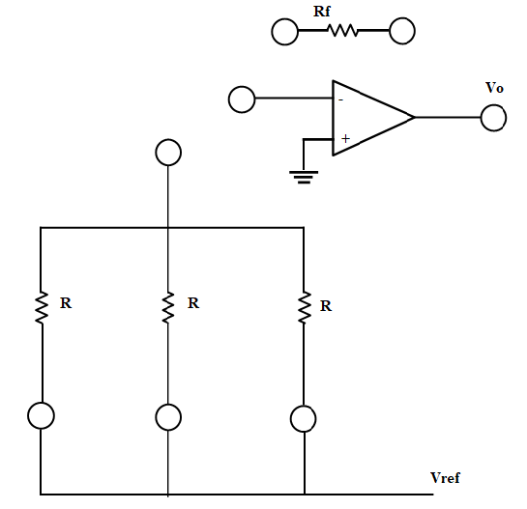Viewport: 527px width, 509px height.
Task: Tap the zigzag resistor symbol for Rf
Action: (x=343, y=32)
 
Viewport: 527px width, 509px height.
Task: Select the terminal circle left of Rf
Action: (x=284, y=32)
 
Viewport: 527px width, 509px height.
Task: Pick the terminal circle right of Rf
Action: (x=402, y=32)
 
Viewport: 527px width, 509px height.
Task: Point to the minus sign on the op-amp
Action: (x=339, y=99)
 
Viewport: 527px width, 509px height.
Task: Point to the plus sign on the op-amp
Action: (x=344, y=139)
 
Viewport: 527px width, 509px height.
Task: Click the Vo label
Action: (x=494, y=88)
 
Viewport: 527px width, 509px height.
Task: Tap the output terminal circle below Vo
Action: (x=493, y=118)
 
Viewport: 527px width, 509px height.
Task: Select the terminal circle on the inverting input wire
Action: (x=241, y=99)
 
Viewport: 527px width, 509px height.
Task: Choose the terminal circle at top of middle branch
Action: (x=168, y=153)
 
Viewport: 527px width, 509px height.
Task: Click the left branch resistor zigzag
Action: (x=42, y=307)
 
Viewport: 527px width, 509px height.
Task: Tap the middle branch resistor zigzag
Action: (x=168, y=307)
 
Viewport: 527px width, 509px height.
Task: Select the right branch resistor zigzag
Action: (x=304, y=307)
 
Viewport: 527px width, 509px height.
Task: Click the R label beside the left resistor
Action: (x=66, y=302)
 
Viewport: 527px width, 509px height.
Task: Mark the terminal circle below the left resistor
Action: (x=41, y=415)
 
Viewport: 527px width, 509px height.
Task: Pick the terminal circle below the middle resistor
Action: (x=168, y=417)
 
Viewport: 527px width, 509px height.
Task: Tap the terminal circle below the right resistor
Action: (x=304, y=417)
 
